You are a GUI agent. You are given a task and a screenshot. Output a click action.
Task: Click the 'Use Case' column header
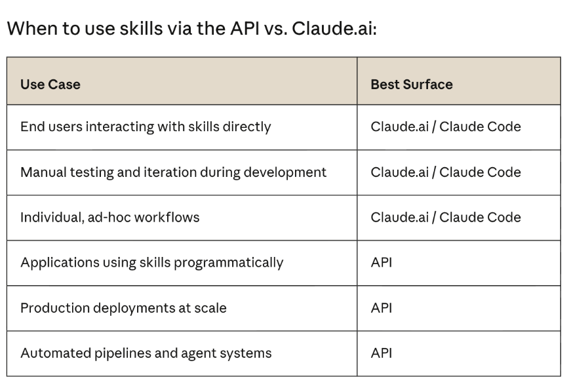pos(50,85)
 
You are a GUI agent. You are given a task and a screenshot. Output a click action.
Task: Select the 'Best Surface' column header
pos(412,85)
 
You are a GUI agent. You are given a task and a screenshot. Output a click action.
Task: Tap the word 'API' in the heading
pos(245,28)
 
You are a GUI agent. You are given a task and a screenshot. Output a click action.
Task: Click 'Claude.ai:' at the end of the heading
pos(334,28)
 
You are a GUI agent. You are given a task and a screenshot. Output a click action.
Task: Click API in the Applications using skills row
pos(382,262)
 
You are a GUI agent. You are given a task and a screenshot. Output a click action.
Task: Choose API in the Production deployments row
pos(382,308)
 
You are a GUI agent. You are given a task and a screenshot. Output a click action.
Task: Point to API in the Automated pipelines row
pos(382,353)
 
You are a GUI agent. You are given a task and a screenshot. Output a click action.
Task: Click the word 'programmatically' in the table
pos(229,263)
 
